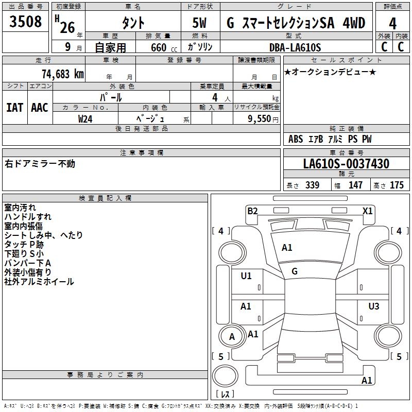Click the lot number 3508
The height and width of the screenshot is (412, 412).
26,22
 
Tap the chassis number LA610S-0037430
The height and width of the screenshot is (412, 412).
346,164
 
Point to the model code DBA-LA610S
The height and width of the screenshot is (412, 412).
295,47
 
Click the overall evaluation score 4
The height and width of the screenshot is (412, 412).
393,23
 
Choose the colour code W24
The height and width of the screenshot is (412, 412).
85,118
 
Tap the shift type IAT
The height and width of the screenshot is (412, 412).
15,107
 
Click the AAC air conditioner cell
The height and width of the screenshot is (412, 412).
40,107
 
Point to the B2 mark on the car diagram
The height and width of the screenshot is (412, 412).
252,211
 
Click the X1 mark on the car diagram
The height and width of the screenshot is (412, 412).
367,211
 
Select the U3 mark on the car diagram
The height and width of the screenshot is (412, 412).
374,306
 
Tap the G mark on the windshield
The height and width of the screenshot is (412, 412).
295,271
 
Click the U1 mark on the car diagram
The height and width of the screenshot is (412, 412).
246,276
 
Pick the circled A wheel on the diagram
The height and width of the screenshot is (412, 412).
232,337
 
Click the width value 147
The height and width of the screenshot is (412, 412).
355,185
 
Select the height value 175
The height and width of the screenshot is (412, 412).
397,185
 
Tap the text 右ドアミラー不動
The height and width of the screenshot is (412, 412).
40,164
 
